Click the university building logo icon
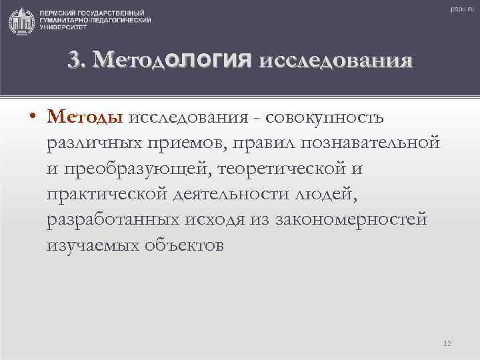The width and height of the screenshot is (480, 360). [x=21, y=21]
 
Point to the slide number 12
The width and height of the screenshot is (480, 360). [x=447, y=343]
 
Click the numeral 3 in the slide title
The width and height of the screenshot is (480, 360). [x=74, y=61]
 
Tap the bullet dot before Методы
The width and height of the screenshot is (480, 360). [x=33, y=119]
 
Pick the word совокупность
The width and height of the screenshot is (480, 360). [x=324, y=118]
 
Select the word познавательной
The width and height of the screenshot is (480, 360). [x=371, y=143]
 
